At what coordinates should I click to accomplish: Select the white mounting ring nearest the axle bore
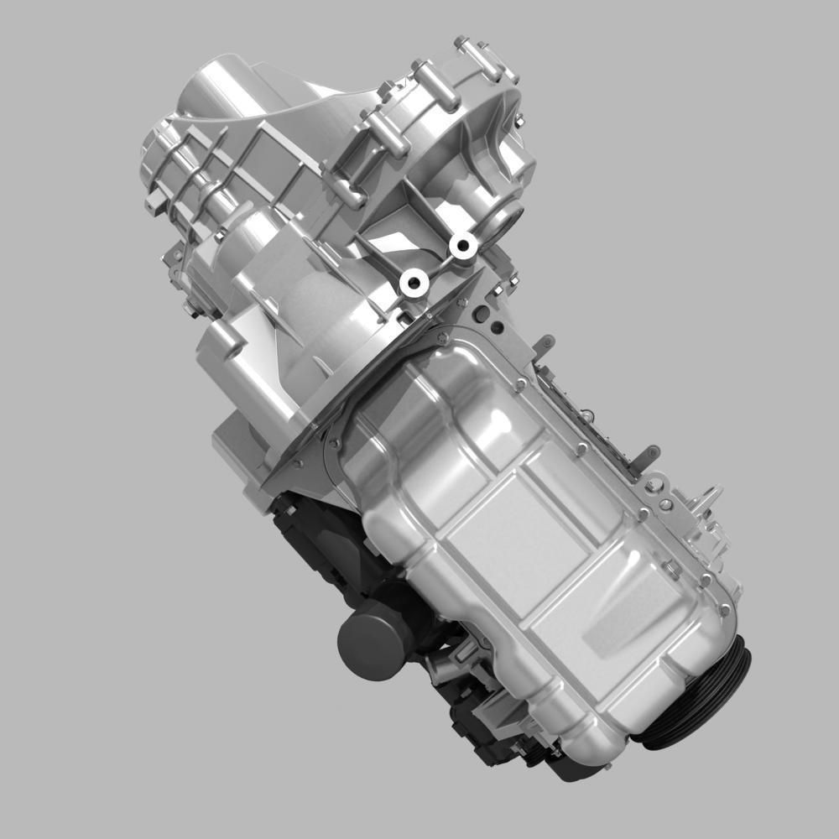(x=462, y=245)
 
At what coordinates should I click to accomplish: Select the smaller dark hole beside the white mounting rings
(x=498, y=326)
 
